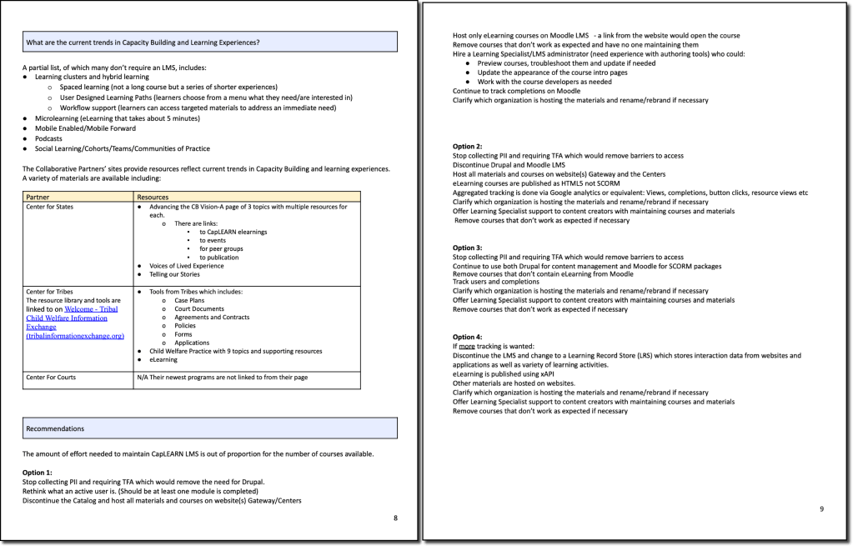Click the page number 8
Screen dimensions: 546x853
tap(395, 518)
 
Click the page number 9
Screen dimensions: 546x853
tap(821, 508)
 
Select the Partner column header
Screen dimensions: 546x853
tap(39, 197)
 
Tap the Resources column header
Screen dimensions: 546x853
tap(154, 197)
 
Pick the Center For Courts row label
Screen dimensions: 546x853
tap(51, 378)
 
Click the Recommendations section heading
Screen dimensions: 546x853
tap(55, 428)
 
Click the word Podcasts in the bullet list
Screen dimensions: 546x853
tap(48, 138)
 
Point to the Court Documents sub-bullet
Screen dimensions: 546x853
tap(199, 308)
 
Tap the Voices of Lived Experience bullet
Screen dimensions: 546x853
tap(187, 266)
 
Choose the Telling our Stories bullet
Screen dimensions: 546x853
tap(175, 274)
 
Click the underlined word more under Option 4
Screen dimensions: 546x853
tap(467, 345)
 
